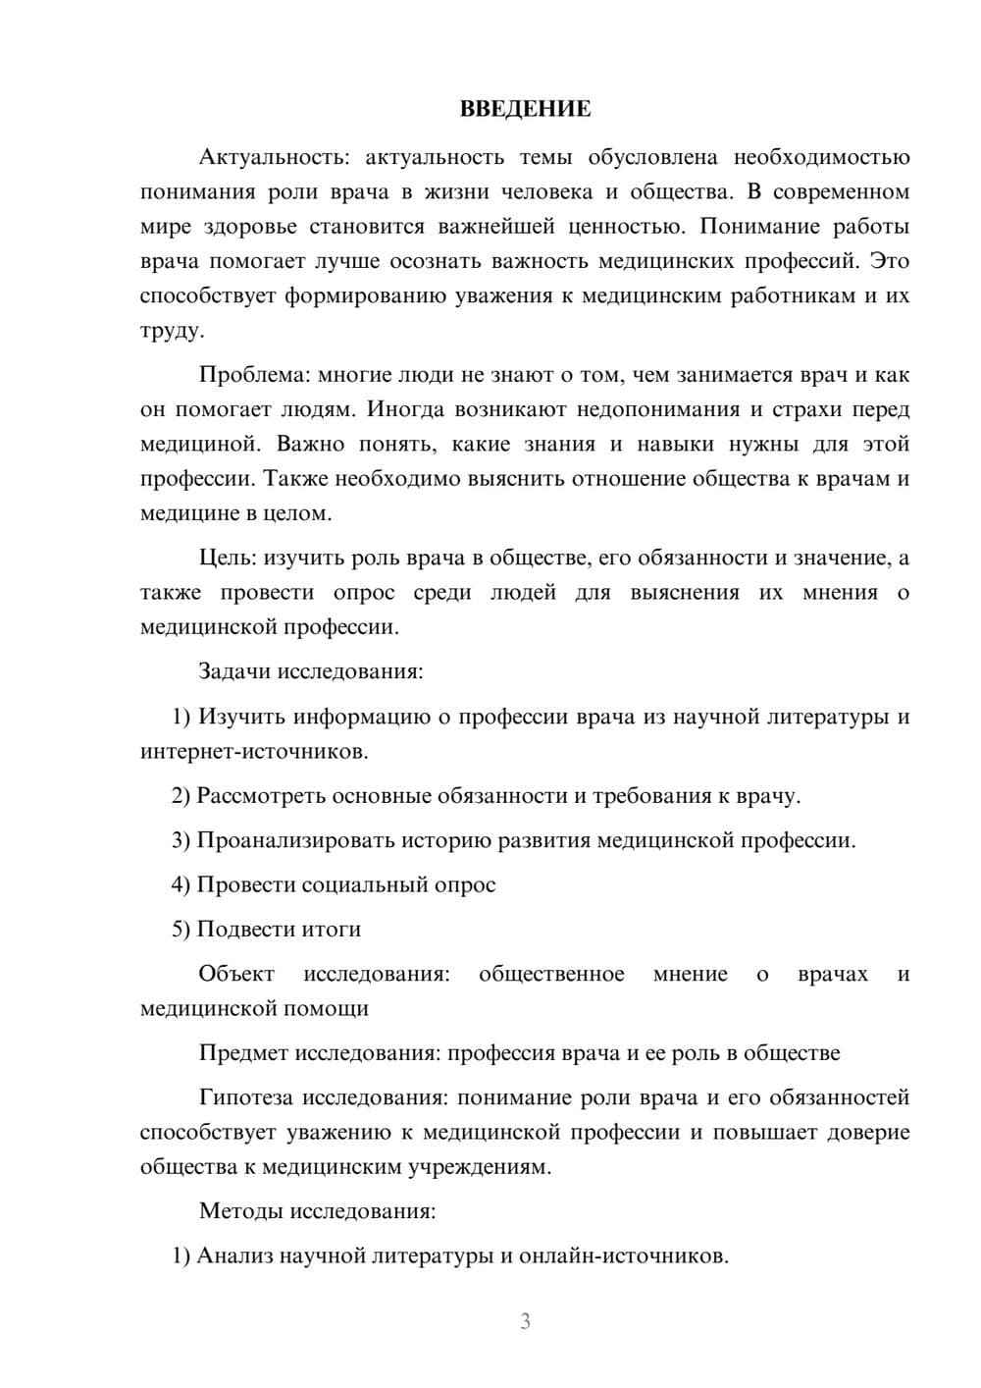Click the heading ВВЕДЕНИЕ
[525, 109]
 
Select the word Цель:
[228, 559]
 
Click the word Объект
[236, 974]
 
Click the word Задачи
[234, 672]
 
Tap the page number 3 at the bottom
[525, 1321]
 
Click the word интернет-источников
[253, 752]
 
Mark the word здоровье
[249, 227]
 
